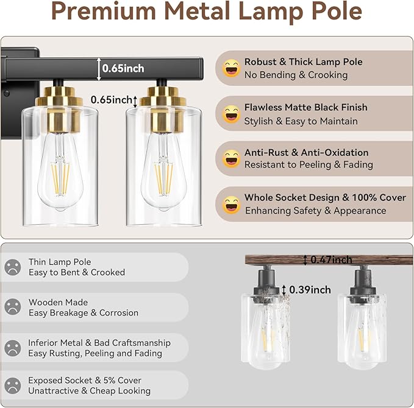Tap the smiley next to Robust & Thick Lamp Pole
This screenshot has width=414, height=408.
point(231,68)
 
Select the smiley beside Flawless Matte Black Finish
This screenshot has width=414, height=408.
point(231,114)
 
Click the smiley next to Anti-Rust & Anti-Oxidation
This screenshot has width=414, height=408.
point(231,159)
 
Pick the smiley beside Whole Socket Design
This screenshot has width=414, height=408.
point(231,204)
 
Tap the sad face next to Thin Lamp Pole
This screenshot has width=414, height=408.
point(12,267)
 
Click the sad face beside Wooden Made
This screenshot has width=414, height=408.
point(12,307)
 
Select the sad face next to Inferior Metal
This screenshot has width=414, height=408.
point(12,348)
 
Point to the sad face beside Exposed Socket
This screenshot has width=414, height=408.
point(12,385)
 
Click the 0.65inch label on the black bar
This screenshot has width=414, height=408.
point(123,69)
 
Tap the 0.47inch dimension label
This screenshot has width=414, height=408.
point(330,260)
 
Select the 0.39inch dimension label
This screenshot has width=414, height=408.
point(310,290)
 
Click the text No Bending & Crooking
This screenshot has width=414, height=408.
point(296,75)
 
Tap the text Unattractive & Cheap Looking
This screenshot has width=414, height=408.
point(89,391)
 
